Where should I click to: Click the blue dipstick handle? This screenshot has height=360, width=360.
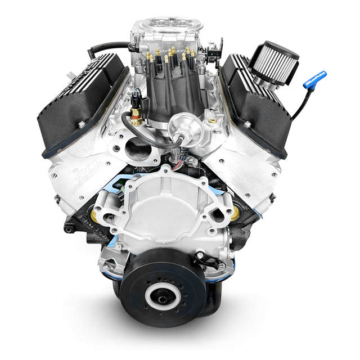[x=314, y=79]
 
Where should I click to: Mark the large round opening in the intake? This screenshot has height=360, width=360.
[x=137, y=148]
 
